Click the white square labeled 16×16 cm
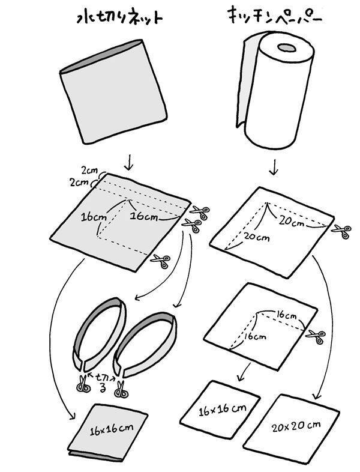222,410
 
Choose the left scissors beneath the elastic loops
83,385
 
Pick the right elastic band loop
144,342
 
